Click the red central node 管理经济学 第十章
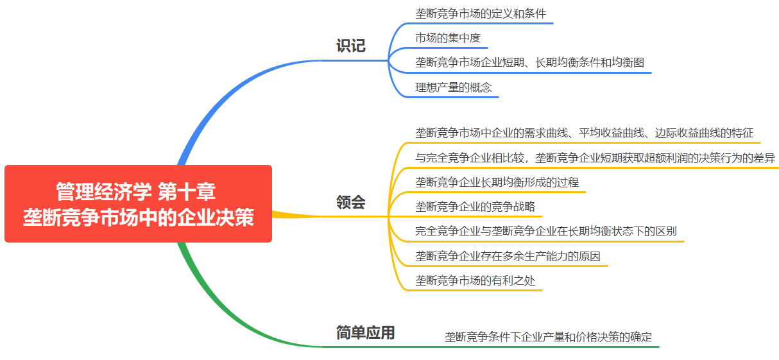pyautogui.click(x=138, y=192)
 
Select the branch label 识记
pyautogui.click(x=350, y=46)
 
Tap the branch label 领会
pyautogui.click(x=350, y=203)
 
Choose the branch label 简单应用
pyautogui.click(x=365, y=332)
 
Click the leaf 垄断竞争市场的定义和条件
pyautogui.click(x=481, y=13)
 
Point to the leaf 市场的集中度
pyautogui.click(x=448, y=38)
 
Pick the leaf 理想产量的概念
pyautogui.click(x=453, y=87)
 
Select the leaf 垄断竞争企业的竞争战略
pyautogui.click(x=475, y=207)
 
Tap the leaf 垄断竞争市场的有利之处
pyautogui.click(x=475, y=280)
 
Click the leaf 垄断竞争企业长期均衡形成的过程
pyautogui.click(x=497, y=182)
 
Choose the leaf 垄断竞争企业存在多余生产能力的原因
pyautogui.click(x=508, y=257)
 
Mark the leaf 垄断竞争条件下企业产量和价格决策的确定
pyautogui.click(x=548, y=337)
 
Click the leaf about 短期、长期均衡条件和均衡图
pyautogui.click(x=529, y=63)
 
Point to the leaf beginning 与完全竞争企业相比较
pyautogui.click(x=595, y=158)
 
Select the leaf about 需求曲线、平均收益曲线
pyautogui.click(x=584, y=133)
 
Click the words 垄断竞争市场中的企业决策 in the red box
pyautogui.click(x=138, y=217)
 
